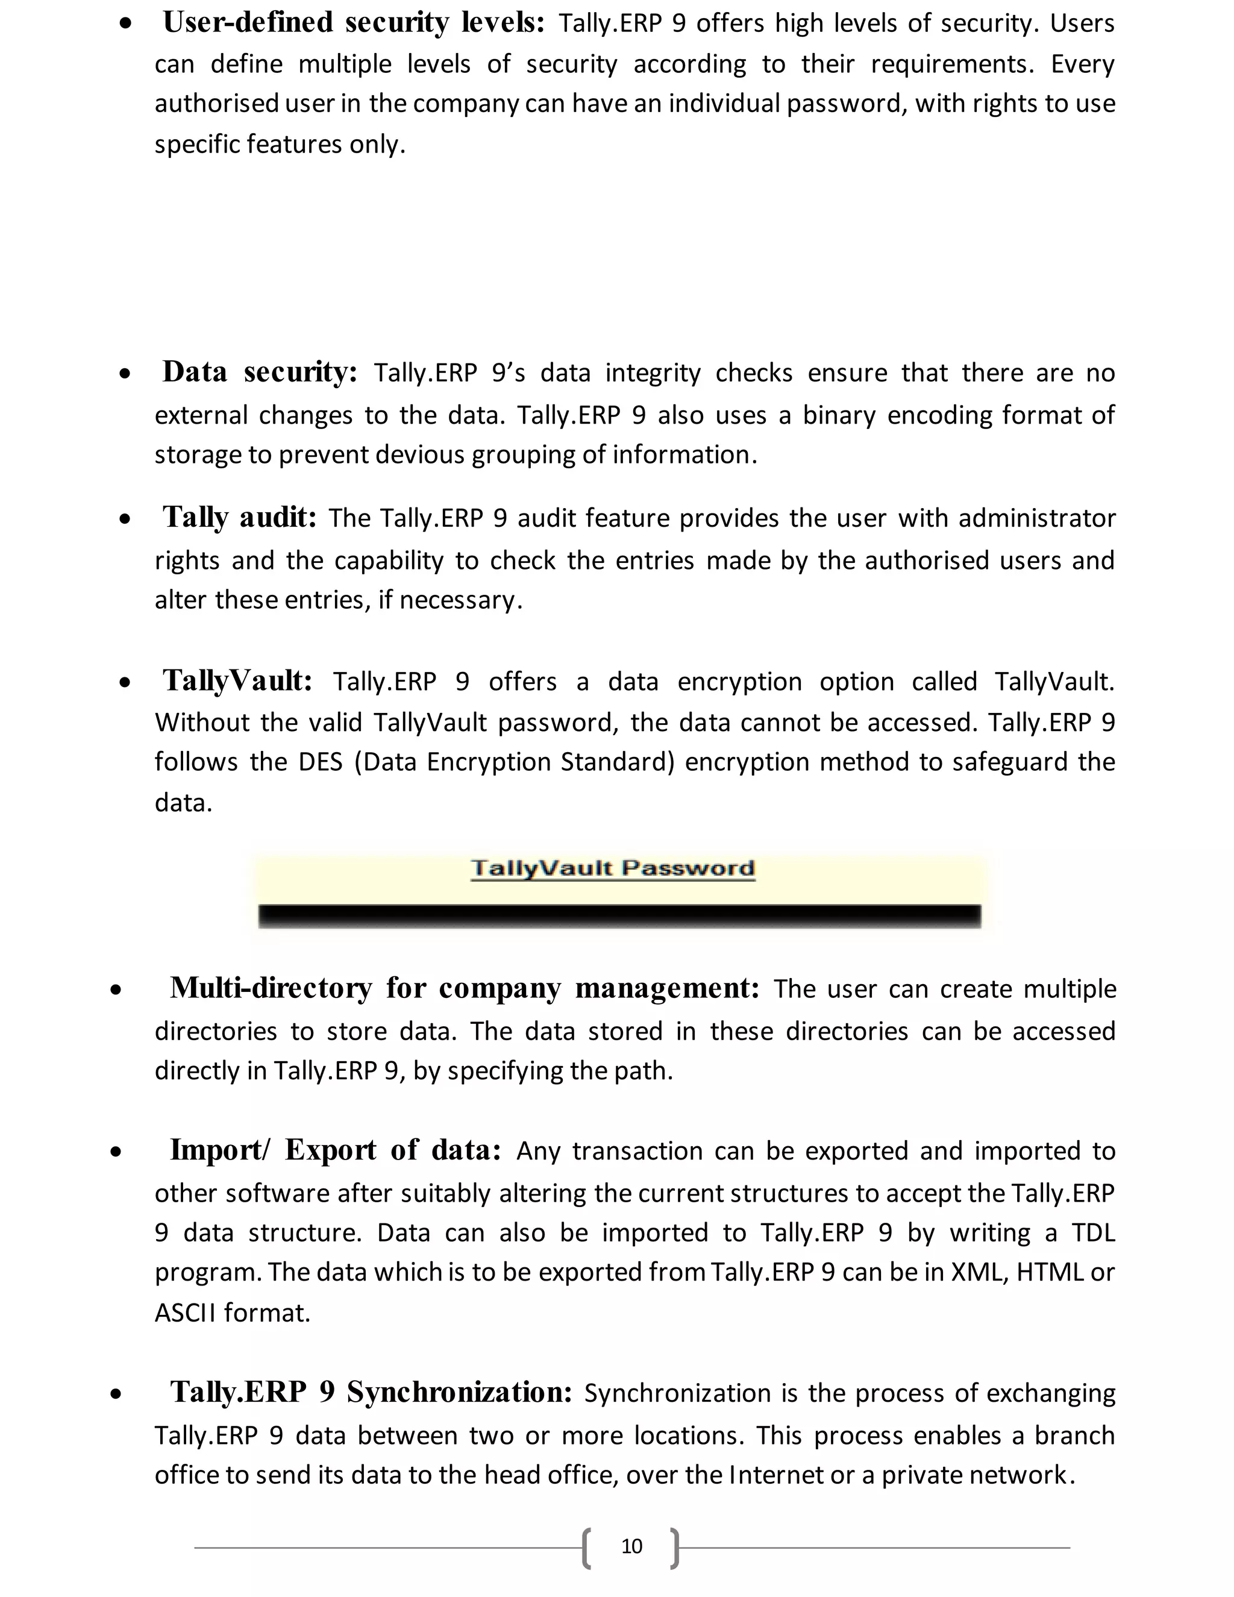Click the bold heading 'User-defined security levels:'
coord(353,23)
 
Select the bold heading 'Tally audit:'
coord(239,517)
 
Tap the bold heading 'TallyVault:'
coord(237,681)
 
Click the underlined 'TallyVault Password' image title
coord(613,868)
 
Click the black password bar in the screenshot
coord(619,915)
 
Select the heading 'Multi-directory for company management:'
coord(464,988)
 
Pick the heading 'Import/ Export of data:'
coord(336,1150)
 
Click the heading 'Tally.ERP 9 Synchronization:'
coord(371,1391)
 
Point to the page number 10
coord(631,1546)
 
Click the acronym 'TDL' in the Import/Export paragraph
coord(1093,1232)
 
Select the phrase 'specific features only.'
coord(279,144)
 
